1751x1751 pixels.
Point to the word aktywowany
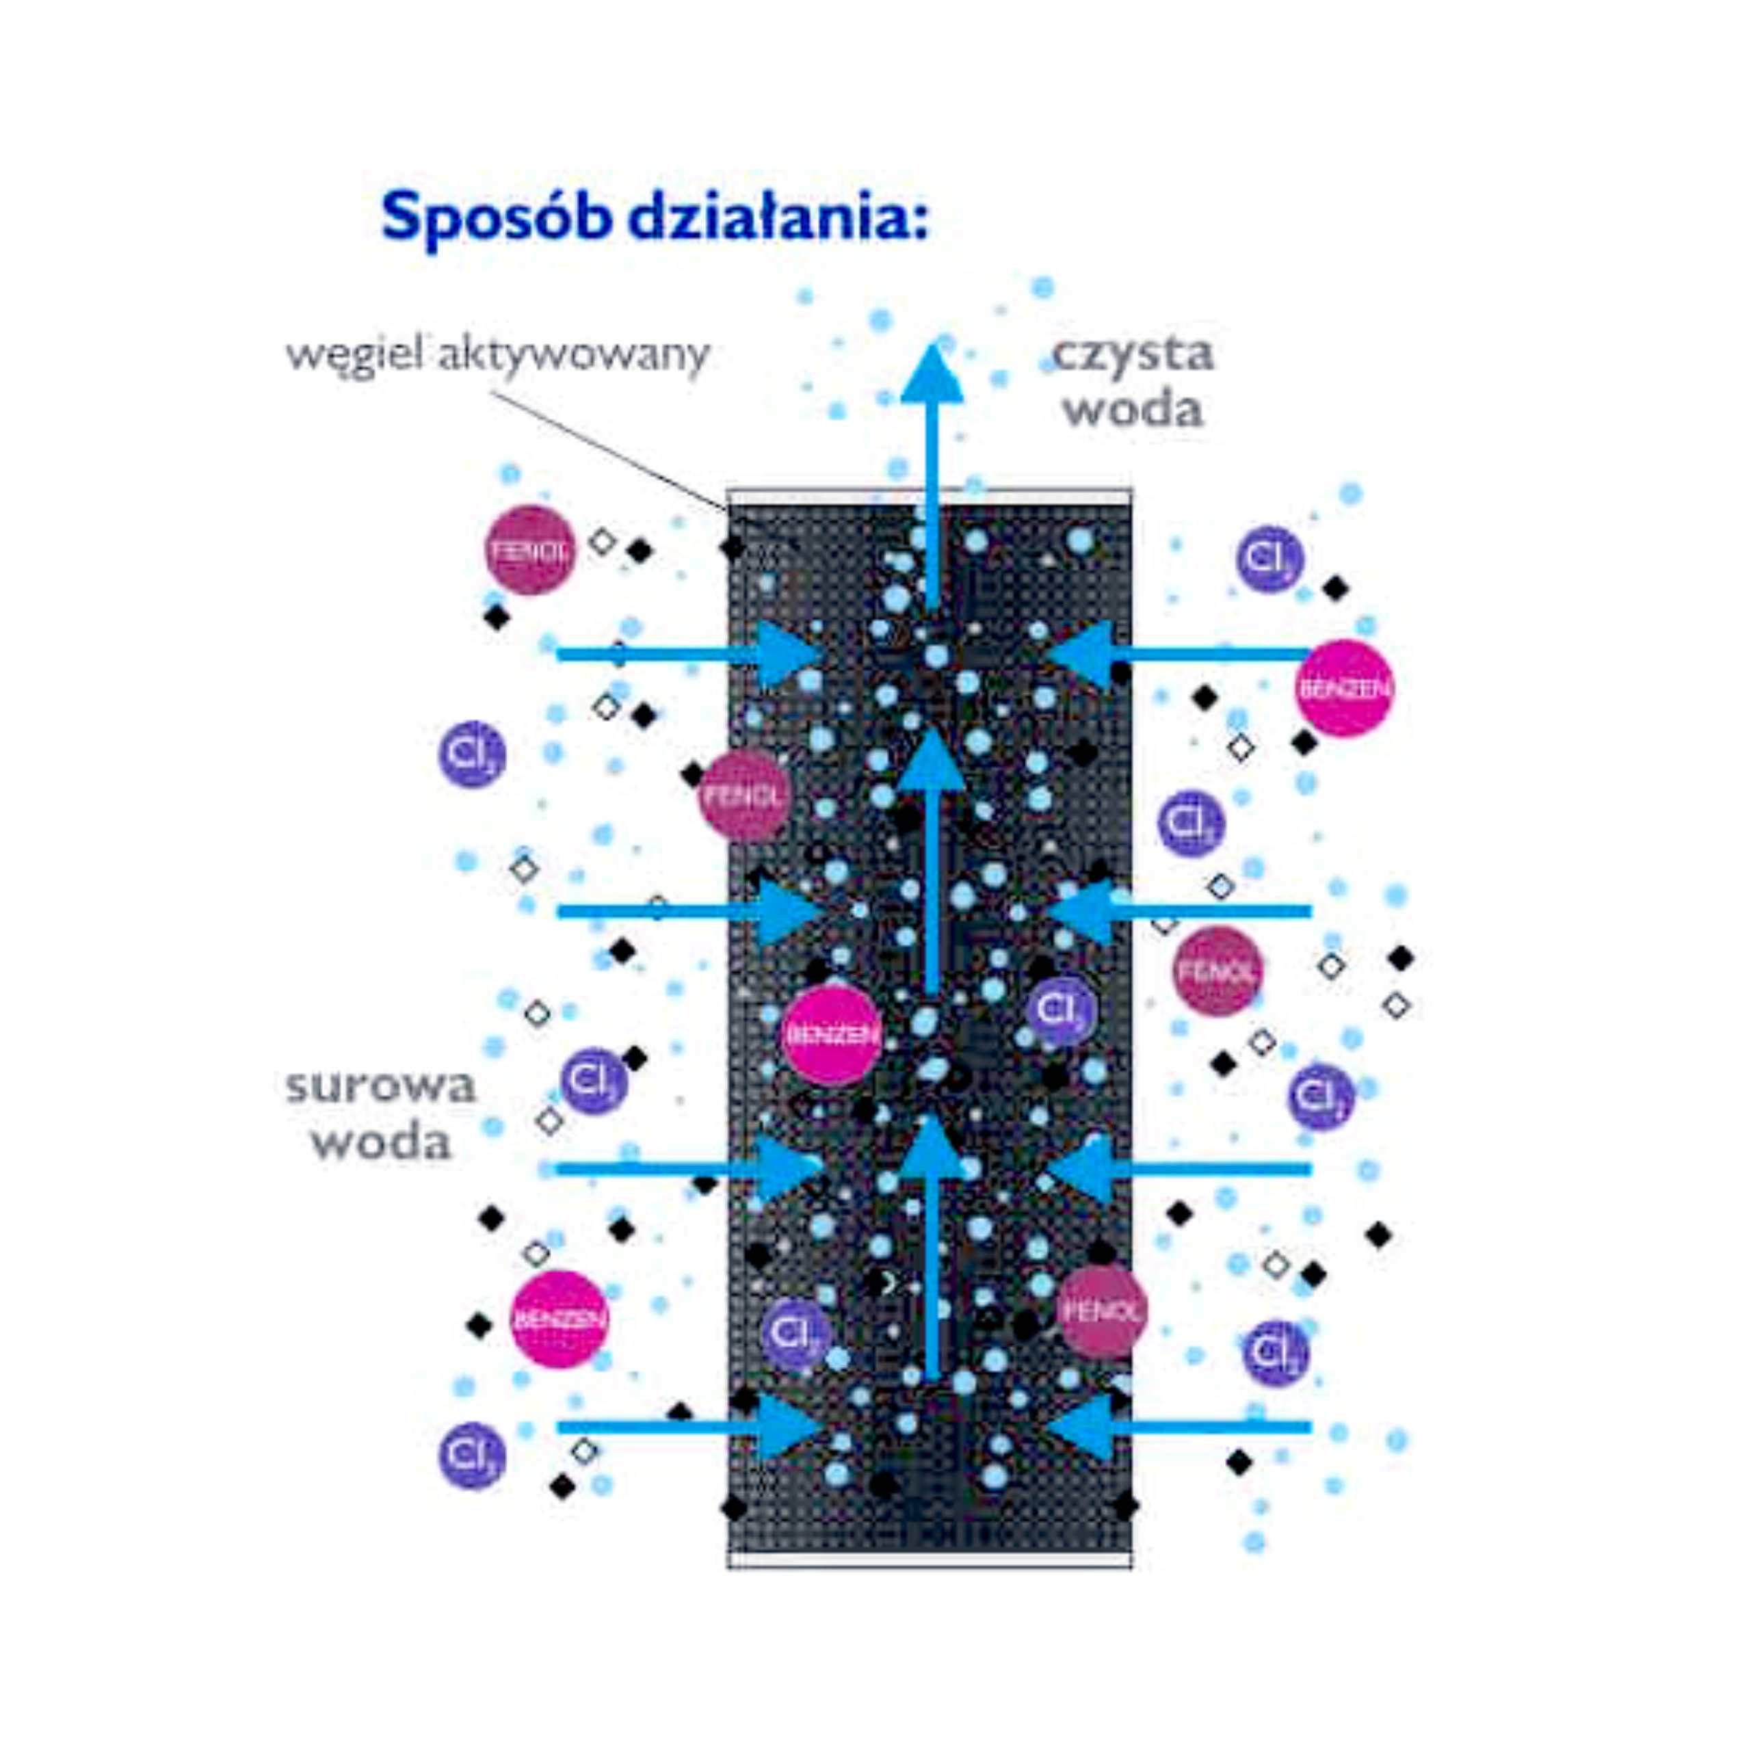pyautogui.click(x=572, y=354)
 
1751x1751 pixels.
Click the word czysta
pyautogui.click(x=1133, y=354)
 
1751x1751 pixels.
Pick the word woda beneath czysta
pyautogui.click(x=1133, y=409)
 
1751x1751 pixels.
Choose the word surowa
pyautogui.click(x=381, y=1085)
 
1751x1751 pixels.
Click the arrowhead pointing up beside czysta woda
pyautogui.click(x=932, y=373)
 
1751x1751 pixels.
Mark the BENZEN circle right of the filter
pyautogui.click(x=1344, y=688)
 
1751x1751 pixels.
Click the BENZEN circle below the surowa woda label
pyautogui.click(x=559, y=1319)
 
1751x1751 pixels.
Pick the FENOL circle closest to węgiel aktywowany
pyautogui.click(x=530, y=550)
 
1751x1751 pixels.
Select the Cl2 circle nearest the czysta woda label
pyautogui.click(x=1269, y=558)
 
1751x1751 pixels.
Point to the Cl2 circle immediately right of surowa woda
pyautogui.click(x=594, y=1080)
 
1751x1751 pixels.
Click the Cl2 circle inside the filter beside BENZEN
pyautogui.click(x=1060, y=1010)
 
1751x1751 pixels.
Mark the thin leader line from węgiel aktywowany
pyautogui.click(x=607, y=444)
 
